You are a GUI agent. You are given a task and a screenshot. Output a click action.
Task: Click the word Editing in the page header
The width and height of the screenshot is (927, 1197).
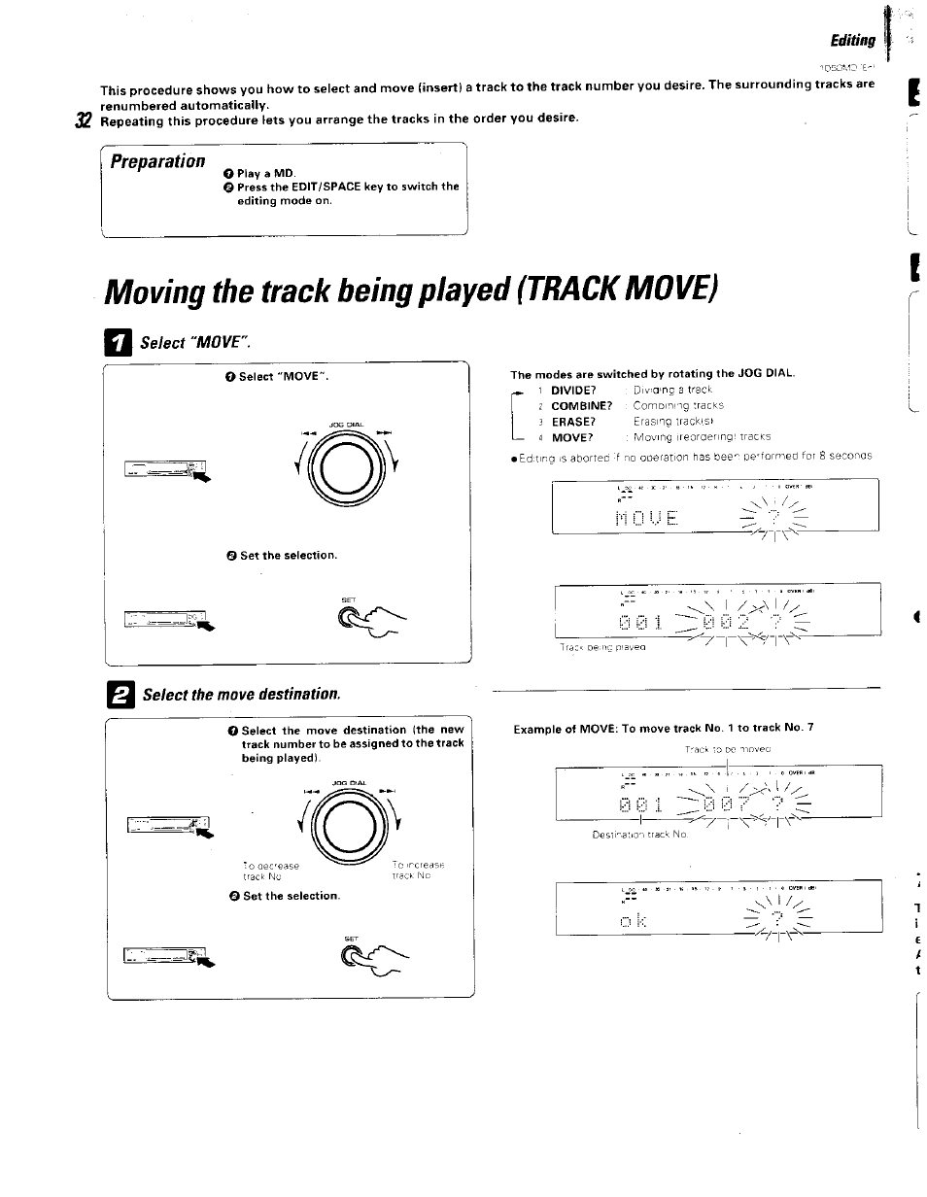pos(852,41)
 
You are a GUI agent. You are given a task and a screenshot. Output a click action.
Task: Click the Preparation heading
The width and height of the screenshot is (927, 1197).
pos(157,160)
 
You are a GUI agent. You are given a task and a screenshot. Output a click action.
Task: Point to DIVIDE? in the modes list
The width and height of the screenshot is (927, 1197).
pos(572,390)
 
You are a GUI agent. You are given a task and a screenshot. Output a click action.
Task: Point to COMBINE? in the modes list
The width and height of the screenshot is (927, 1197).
pos(581,405)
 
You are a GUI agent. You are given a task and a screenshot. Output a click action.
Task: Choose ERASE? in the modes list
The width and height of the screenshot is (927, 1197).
pos(572,422)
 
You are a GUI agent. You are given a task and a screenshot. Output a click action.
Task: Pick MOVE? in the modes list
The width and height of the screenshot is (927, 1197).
pos(571,437)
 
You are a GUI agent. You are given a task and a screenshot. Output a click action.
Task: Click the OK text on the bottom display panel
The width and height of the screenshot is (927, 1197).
pos(633,917)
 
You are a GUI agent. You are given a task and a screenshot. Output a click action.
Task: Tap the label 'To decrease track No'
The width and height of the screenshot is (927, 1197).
pos(271,871)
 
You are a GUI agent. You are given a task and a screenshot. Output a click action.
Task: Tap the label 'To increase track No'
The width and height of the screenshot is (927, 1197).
pos(418,870)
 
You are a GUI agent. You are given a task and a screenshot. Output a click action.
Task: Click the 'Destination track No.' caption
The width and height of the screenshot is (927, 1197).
pos(640,835)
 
